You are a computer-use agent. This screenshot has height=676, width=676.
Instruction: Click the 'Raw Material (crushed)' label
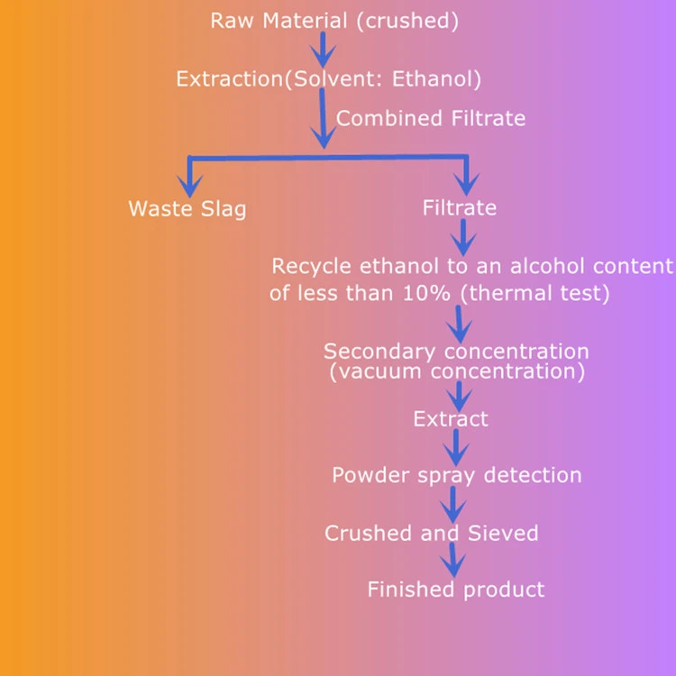(x=334, y=21)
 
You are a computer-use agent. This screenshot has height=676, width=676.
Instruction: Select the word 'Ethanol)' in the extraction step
(x=441, y=79)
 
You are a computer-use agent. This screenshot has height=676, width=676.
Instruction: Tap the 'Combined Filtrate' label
(x=430, y=118)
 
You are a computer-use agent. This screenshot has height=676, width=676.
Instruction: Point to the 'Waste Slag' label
(x=187, y=209)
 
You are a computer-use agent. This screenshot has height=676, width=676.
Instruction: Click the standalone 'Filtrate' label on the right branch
(x=459, y=208)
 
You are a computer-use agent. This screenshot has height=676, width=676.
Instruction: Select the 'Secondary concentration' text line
(x=456, y=352)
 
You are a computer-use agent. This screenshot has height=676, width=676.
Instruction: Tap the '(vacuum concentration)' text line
(x=456, y=370)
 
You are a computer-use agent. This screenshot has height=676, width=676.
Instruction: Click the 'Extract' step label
(x=451, y=419)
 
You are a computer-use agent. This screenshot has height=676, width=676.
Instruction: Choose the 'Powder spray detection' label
(x=456, y=475)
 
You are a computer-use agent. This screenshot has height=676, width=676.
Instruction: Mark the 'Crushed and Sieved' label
(x=431, y=533)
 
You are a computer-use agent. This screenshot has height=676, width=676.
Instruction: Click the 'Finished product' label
(x=455, y=589)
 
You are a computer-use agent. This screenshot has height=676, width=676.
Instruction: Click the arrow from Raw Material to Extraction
(x=322, y=50)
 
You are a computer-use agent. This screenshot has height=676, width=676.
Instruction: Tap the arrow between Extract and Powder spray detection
(x=457, y=446)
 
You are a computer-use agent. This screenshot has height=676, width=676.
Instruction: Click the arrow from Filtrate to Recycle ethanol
(x=462, y=237)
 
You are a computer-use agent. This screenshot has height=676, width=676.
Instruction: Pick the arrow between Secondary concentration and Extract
(x=460, y=395)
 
